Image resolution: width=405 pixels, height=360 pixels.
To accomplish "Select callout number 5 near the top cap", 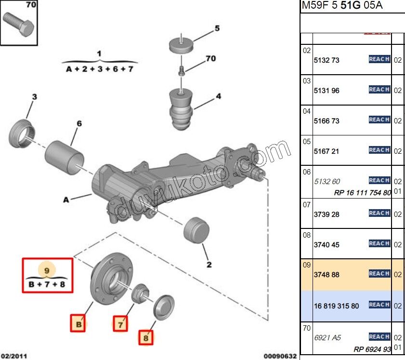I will (x=217, y=28).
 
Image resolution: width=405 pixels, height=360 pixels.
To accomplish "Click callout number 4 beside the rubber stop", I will (x=218, y=96).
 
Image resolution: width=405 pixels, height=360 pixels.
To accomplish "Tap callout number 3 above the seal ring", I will (x=34, y=97).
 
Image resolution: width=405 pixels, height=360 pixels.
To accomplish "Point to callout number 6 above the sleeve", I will (x=79, y=124).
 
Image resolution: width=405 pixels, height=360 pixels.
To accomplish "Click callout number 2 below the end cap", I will (x=209, y=264).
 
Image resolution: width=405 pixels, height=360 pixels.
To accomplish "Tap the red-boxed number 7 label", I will (x=121, y=324).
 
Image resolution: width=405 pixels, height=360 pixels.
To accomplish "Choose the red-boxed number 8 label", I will (x=146, y=338).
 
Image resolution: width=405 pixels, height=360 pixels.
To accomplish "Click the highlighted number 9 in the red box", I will (x=47, y=270).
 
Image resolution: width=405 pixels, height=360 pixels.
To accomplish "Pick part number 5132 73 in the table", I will (x=327, y=60).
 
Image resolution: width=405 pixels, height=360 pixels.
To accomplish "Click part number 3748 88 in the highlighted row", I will (x=327, y=275).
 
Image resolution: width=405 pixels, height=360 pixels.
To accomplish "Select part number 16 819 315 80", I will (x=336, y=306).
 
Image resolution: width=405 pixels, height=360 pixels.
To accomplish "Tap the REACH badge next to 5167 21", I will (x=379, y=150).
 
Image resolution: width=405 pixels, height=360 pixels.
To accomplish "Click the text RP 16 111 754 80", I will (x=362, y=193).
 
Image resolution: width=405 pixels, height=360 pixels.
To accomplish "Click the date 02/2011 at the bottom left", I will (x=14, y=356).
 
